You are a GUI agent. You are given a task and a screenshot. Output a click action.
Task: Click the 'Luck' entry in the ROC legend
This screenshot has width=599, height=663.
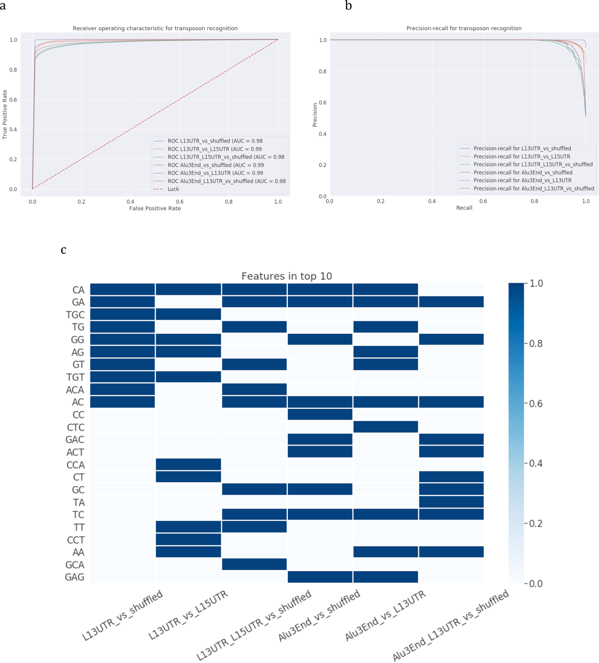[173, 189]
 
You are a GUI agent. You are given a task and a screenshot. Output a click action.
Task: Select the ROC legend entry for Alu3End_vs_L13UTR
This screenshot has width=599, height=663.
[215, 173]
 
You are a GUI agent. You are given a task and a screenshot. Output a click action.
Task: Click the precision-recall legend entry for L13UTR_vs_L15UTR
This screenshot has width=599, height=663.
[522, 157]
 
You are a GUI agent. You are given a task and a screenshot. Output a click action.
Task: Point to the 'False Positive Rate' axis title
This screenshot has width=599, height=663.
[155, 208]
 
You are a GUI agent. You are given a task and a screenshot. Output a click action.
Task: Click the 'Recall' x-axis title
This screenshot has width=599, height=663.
[464, 208]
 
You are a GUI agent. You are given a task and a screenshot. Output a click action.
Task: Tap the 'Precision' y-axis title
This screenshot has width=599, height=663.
[315, 115]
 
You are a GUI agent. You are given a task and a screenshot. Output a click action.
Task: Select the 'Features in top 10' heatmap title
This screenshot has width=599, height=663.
[287, 276]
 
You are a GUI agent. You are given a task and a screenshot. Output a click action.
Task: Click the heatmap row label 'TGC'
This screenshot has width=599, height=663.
[75, 315]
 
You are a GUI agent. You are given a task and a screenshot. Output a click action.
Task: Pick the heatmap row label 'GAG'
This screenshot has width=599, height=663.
[75, 577]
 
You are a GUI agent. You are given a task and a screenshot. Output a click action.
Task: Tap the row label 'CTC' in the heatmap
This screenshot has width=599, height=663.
[76, 427]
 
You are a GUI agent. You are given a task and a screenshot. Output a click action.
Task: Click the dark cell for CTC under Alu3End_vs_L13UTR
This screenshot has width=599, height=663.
[385, 427]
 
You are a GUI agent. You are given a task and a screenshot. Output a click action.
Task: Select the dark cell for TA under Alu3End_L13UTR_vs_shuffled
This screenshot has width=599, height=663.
[451, 502]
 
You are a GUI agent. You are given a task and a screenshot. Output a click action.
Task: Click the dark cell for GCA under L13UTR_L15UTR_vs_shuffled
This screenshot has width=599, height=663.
[254, 564]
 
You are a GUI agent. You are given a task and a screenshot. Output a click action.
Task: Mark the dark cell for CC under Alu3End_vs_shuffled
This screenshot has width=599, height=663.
[320, 414]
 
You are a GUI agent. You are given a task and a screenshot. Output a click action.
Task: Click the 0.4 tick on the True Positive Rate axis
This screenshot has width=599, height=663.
[13, 129]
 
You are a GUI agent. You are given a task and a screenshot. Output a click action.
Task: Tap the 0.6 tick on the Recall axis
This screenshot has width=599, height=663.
[483, 201]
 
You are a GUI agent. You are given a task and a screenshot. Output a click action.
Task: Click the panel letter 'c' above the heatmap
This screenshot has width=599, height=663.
[64, 250]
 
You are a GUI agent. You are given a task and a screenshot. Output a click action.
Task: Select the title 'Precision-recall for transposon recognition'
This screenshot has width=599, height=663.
[464, 28]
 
